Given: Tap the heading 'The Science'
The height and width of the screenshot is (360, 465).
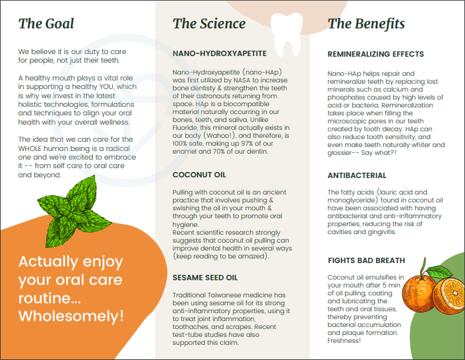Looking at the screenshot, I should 208,24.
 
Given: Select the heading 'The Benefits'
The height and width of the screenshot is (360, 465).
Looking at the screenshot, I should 366,24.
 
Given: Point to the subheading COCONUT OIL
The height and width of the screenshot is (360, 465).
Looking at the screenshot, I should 199,175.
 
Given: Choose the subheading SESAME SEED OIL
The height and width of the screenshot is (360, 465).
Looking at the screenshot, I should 204,278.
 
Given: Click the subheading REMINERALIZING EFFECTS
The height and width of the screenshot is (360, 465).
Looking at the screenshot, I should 376,55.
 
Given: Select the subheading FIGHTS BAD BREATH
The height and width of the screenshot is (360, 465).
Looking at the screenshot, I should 366,261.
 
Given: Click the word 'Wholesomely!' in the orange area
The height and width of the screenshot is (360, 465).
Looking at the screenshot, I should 71,316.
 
